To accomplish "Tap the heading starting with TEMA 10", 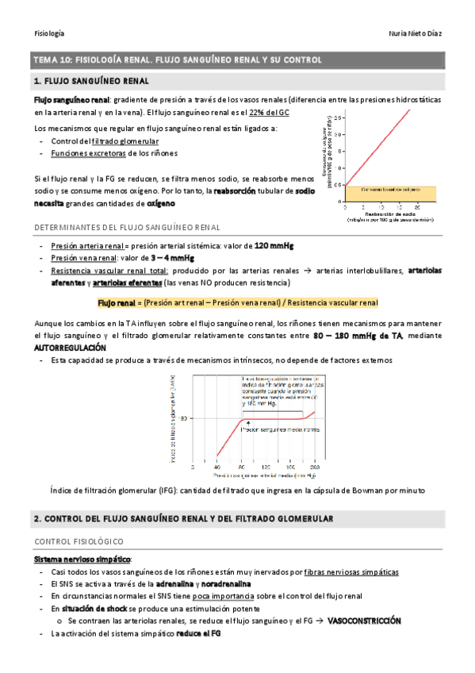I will coord(175,60).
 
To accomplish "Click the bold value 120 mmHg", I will coord(278,245).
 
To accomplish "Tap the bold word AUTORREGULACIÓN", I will coord(69,348).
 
